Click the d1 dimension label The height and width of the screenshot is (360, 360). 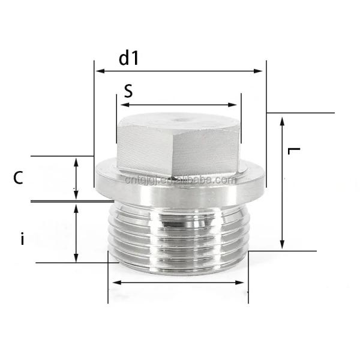(x=128, y=58)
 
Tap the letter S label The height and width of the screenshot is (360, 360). (x=128, y=91)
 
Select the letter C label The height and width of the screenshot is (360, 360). (x=19, y=178)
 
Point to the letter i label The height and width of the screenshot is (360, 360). (x=22, y=239)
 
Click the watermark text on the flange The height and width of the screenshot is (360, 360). (x=180, y=179)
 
